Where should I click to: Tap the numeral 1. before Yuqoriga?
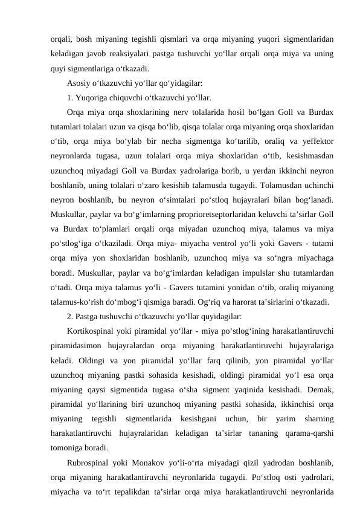point(70,98)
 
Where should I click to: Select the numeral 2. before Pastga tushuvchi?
point(70,316)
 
